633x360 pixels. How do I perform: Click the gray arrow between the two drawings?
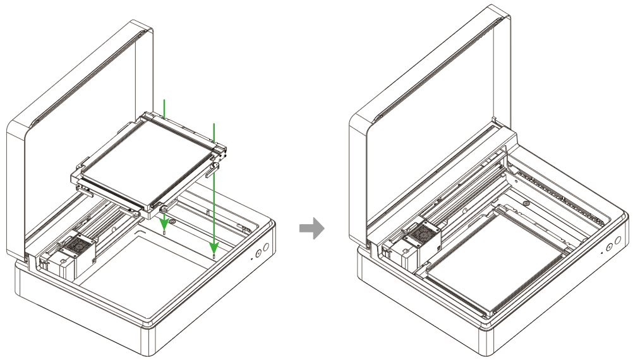pyautogui.click(x=311, y=229)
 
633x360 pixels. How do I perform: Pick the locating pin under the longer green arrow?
pyautogui.click(x=215, y=256)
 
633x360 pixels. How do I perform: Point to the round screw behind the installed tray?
pyautogui.click(x=526, y=204)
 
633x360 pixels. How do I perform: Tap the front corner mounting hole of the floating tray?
pyautogui.click(x=164, y=208)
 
